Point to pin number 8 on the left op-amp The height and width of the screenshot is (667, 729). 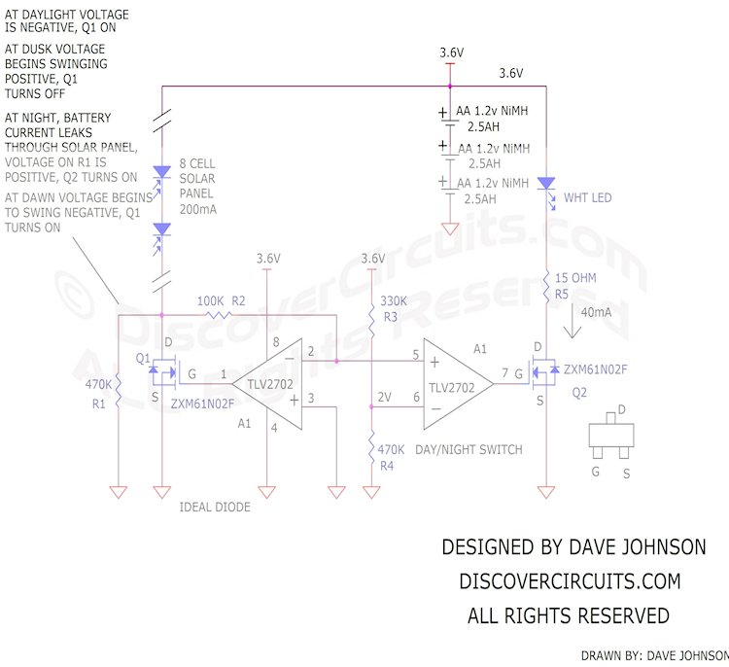point(276,341)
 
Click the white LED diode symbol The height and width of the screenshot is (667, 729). point(546,184)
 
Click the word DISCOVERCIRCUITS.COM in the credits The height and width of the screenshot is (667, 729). point(569,580)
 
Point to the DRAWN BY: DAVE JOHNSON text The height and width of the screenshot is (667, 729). point(653,655)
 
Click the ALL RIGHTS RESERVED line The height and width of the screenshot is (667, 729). point(569,615)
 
